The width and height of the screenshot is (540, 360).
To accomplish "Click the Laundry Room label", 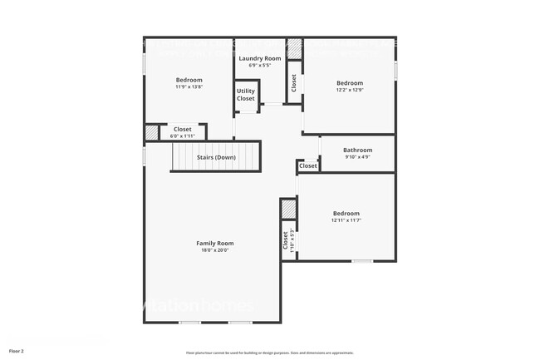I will (260, 58).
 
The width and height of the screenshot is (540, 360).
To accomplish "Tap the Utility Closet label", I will (246, 95).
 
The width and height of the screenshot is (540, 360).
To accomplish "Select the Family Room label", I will (214, 243).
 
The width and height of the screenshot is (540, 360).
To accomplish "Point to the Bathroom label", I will (357, 150).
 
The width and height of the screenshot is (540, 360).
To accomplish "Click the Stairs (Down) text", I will (216, 157).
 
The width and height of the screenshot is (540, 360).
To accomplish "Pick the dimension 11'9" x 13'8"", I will (189, 86).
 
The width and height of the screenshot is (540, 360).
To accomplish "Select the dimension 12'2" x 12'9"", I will (350, 90).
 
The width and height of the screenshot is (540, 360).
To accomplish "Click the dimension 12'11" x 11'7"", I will (346, 220).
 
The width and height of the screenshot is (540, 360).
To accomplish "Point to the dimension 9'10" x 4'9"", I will (357, 156).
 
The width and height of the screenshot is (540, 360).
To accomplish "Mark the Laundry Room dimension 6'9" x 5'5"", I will (260, 65).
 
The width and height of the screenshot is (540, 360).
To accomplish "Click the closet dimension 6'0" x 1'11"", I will (182, 136).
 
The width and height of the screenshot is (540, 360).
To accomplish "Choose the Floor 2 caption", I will (17, 351).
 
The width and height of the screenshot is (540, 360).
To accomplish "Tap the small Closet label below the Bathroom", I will (307, 165).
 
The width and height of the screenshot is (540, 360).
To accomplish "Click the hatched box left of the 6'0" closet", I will (151, 131).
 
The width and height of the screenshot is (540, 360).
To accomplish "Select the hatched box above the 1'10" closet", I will (287, 208).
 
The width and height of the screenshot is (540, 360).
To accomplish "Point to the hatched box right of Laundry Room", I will (294, 47).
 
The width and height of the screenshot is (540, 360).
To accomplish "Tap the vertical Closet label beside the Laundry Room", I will (293, 82).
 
